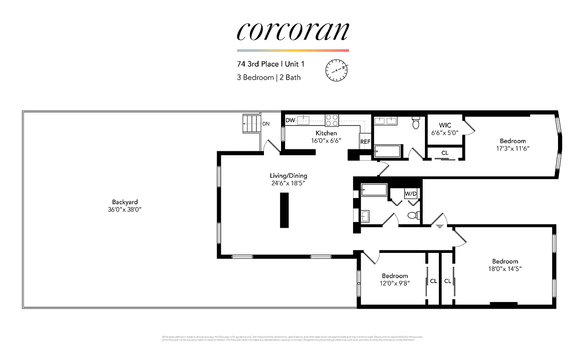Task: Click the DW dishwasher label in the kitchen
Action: coord(290,120)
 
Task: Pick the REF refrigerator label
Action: coord(365,141)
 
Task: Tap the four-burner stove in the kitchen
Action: coord(332,120)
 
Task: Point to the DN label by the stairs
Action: coord(266,124)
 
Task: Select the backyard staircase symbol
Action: coord(251,122)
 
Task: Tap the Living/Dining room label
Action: coord(288,175)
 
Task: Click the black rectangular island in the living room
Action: coord(284,210)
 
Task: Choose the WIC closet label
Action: coord(445,125)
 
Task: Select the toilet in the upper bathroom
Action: coord(416,122)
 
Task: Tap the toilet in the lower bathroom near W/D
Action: coord(413,216)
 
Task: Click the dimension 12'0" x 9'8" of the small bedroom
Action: coord(395,283)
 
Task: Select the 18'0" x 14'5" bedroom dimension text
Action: coord(505,269)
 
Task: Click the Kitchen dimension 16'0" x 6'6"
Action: coord(326,140)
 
